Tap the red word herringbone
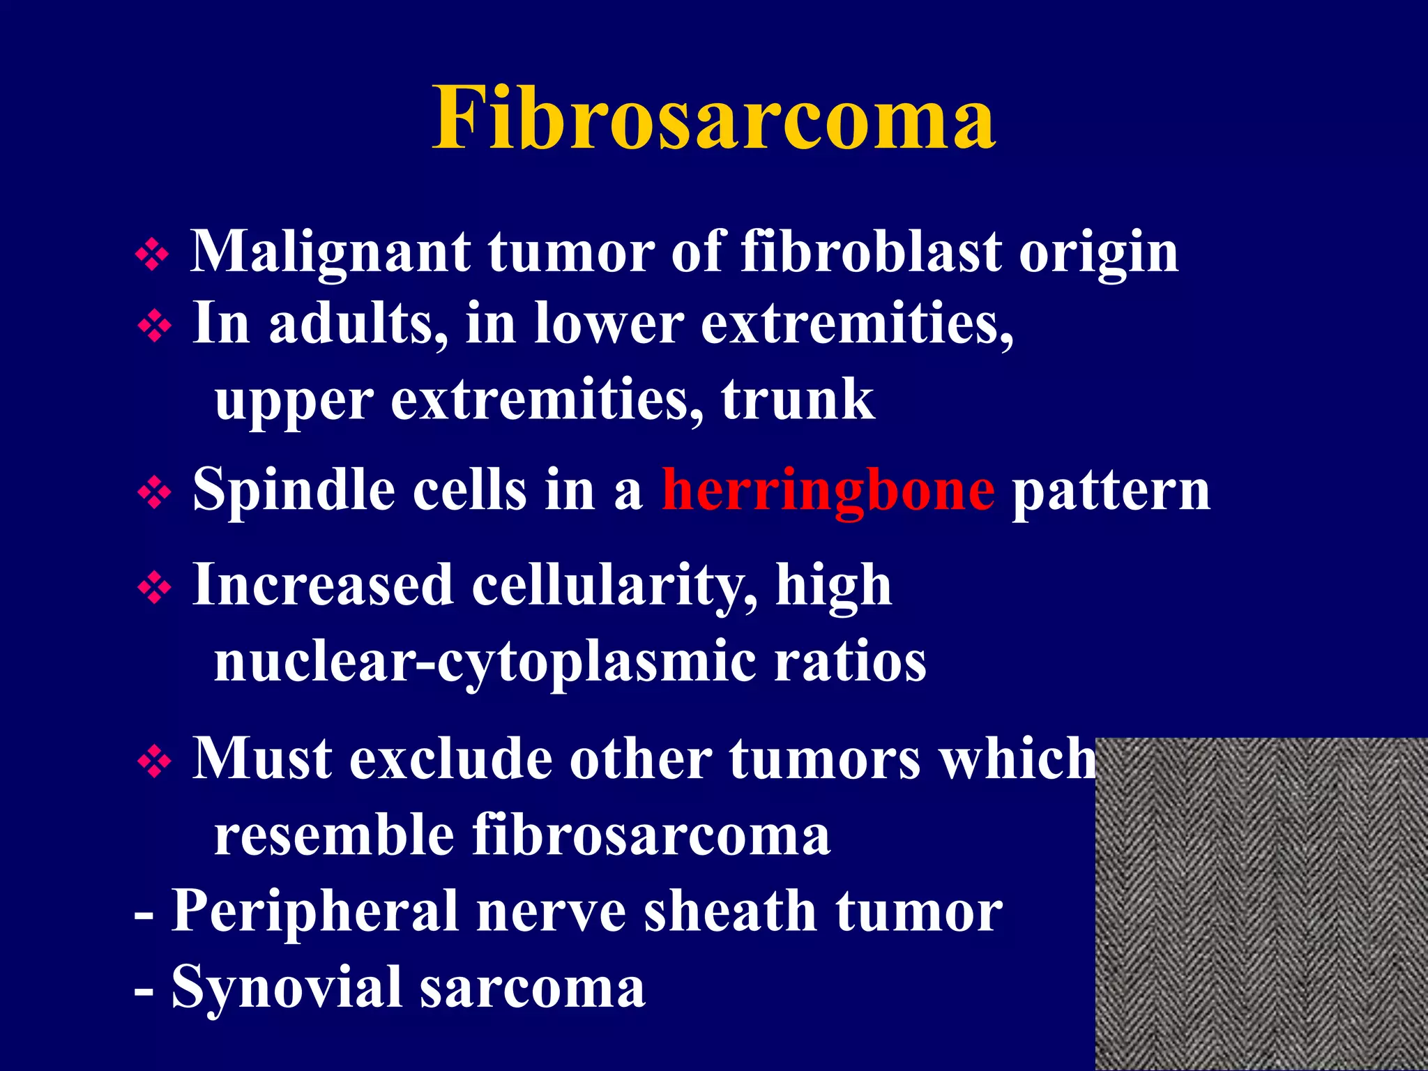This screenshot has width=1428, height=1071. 828,490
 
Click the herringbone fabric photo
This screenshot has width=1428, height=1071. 1261,904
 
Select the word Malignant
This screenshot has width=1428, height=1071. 330,252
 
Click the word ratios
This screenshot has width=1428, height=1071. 850,661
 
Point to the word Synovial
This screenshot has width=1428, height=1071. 287,987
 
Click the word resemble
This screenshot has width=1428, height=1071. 334,835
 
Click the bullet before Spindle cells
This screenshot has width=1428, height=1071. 154,494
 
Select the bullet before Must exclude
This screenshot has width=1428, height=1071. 154,761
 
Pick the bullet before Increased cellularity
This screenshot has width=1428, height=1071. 154,588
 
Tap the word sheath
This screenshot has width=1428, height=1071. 730,911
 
